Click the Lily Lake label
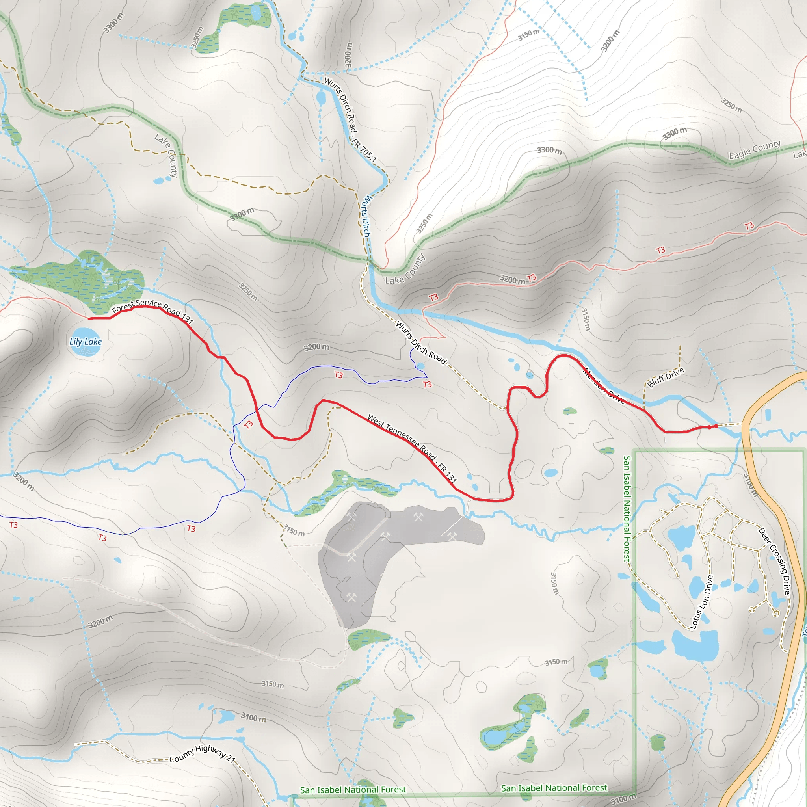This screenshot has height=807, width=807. point(85,342)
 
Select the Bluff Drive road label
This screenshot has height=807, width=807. point(666,377)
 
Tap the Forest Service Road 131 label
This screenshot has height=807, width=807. point(152,311)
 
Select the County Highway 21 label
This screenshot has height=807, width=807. point(203,753)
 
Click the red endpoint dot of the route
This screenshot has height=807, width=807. point(716,426)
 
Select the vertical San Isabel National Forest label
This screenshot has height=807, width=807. point(627,508)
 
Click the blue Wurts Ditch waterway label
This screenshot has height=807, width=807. point(366,216)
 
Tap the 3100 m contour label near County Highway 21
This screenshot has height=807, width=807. point(253,717)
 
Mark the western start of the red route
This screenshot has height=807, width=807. point(89,319)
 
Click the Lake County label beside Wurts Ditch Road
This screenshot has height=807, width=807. point(405,269)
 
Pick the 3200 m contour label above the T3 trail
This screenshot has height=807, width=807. point(316,347)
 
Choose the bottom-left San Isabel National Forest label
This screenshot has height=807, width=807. point(353,789)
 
